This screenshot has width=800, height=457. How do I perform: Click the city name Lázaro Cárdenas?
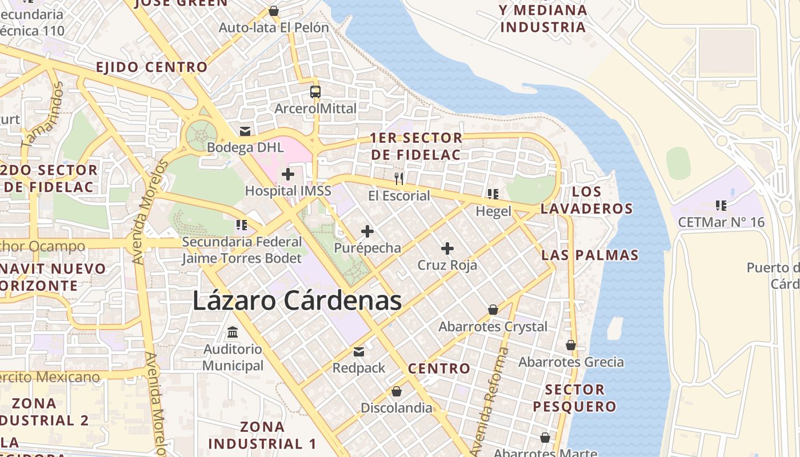click(297, 300)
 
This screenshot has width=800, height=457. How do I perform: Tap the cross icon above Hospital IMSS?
click(288, 174)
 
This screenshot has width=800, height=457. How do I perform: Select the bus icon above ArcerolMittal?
click(315, 91)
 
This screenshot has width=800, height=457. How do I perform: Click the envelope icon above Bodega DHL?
click(245, 131)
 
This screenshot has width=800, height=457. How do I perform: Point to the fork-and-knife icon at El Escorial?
click(399, 179)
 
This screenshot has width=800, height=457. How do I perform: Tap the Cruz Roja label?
click(447, 265)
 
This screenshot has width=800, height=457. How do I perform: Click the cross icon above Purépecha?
click(367, 231)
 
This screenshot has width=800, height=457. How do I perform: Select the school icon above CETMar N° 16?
click(721, 205)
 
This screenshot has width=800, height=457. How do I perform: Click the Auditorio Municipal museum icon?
click(233, 332)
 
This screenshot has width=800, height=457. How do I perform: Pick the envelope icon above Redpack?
click(359, 351)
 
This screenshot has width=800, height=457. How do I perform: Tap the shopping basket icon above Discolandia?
click(396, 391)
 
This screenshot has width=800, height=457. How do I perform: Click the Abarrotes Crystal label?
click(493, 327)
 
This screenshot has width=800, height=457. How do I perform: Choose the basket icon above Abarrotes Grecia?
click(570, 345)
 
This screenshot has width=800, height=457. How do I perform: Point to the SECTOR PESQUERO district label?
click(574, 398)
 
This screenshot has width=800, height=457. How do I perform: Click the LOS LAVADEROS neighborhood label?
click(586, 200)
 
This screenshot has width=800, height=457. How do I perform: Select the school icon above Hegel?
click(493, 194)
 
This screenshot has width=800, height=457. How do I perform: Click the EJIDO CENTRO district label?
click(151, 67)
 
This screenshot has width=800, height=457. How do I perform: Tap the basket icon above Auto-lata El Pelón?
click(273, 11)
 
